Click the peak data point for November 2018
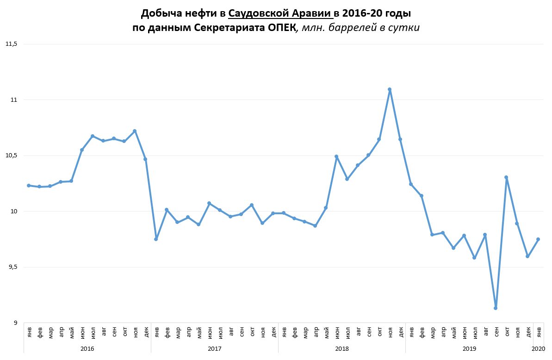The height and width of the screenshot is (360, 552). pos(390,89)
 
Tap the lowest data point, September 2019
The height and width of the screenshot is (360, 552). pos(496,308)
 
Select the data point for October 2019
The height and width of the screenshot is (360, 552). pos(506,177)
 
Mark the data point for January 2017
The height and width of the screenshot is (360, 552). pos(156,239)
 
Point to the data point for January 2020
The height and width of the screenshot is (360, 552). pos(538,239)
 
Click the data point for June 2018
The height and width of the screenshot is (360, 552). pos(336,156)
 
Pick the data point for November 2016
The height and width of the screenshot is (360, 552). pos(135,131)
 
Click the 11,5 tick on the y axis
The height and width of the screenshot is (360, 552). pos(11,44)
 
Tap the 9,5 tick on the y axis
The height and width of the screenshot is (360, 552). pos(11,267)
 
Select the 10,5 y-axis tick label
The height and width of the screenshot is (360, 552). pos(11,155)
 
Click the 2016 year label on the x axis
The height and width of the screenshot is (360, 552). pos(87,348)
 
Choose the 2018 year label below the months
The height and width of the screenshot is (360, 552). pos(341,348)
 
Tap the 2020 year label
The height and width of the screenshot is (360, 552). pos(538,348)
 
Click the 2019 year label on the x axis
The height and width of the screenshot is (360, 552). pos(469,348)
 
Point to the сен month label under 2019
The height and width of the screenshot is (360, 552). pos(496,331)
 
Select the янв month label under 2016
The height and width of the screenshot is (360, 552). pos(29,331)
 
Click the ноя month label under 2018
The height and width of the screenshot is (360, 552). pos(390,331)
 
